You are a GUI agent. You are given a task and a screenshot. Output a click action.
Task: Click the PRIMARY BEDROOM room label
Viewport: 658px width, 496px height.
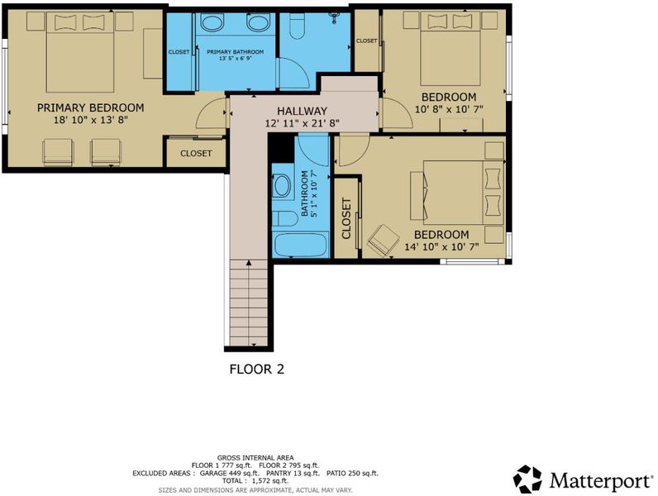pyautogui.click(x=91, y=107)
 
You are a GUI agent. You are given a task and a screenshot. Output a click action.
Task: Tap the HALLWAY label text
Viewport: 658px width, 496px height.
pyautogui.click(x=302, y=112)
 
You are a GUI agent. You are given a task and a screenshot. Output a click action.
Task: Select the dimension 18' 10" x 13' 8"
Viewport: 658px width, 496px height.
pyautogui.click(x=91, y=120)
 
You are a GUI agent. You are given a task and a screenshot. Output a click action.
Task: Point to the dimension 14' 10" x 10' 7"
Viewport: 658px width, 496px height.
pyautogui.click(x=441, y=246)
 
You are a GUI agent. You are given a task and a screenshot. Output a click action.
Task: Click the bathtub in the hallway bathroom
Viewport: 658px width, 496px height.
pyautogui.click(x=300, y=246)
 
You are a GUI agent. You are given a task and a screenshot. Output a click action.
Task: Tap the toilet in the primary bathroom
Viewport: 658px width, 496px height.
pyautogui.click(x=297, y=26)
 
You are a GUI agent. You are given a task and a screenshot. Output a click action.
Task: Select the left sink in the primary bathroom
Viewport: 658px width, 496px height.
pyautogui.click(x=212, y=22)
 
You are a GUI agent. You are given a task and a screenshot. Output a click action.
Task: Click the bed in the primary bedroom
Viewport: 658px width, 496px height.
pyautogui.click(x=79, y=52)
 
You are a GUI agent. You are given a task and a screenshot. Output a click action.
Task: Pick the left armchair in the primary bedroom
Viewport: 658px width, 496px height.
pyautogui.click(x=58, y=153)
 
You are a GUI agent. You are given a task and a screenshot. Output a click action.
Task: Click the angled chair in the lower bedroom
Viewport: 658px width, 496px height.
pyautogui.click(x=383, y=240)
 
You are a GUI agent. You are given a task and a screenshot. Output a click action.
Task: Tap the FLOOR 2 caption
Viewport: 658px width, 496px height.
pyautogui.click(x=257, y=370)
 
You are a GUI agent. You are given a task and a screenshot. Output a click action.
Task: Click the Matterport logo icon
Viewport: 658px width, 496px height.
pyautogui.click(x=527, y=479)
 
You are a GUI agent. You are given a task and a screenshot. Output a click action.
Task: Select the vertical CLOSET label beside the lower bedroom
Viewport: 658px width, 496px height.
pyautogui.click(x=346, y=218)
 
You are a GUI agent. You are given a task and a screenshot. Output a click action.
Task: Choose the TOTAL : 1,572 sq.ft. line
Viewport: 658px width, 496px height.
pyautogui.click(x=255, y=481)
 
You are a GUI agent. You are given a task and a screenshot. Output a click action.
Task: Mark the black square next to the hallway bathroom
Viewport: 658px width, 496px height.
pyautogui.click(x=282, y=148)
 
